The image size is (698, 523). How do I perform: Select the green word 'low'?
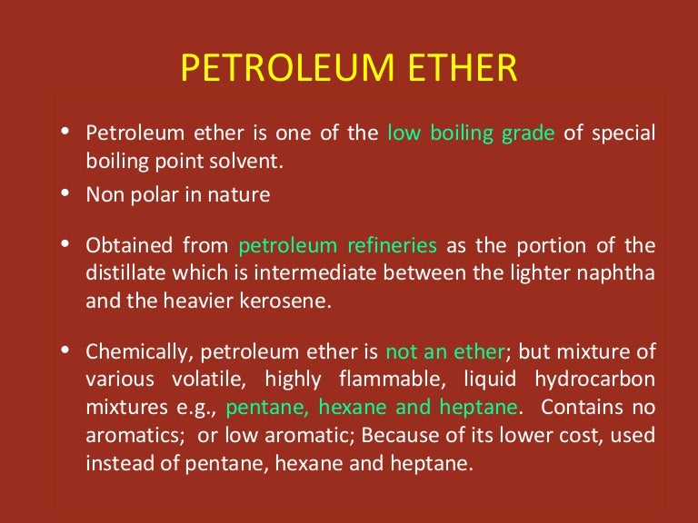pos(403,133)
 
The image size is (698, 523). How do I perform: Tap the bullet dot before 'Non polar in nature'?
pos(65,193)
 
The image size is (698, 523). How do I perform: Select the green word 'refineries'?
pos(392,246)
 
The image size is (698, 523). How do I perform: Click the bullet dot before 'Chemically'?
pos(65,350)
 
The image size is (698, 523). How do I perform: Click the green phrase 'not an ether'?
pos(444,351)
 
